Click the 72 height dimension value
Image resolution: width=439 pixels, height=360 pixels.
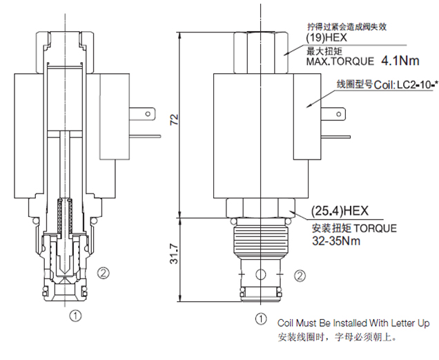point(175,120)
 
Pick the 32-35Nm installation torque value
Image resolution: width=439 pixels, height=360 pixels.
point(336,241)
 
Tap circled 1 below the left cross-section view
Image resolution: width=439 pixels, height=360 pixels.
point(75,316)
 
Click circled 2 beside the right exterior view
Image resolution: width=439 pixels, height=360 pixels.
point(300,276)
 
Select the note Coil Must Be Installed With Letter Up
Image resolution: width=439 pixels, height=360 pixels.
point(353,323)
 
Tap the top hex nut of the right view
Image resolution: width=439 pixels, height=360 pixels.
point(259,48)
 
